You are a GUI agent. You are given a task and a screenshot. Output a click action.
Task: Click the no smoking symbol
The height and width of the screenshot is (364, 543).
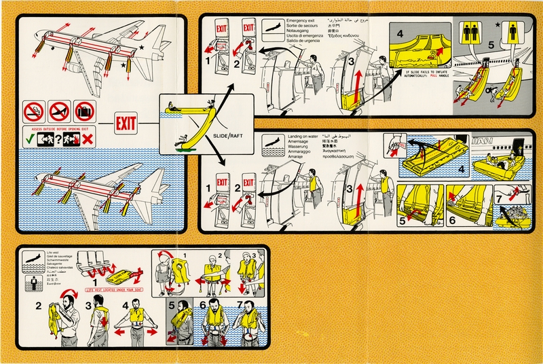pyautogui.click(x=33, y=111)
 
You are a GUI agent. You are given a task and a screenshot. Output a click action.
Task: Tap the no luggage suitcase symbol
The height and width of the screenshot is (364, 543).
pyautogui.click(x=86, y=111)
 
